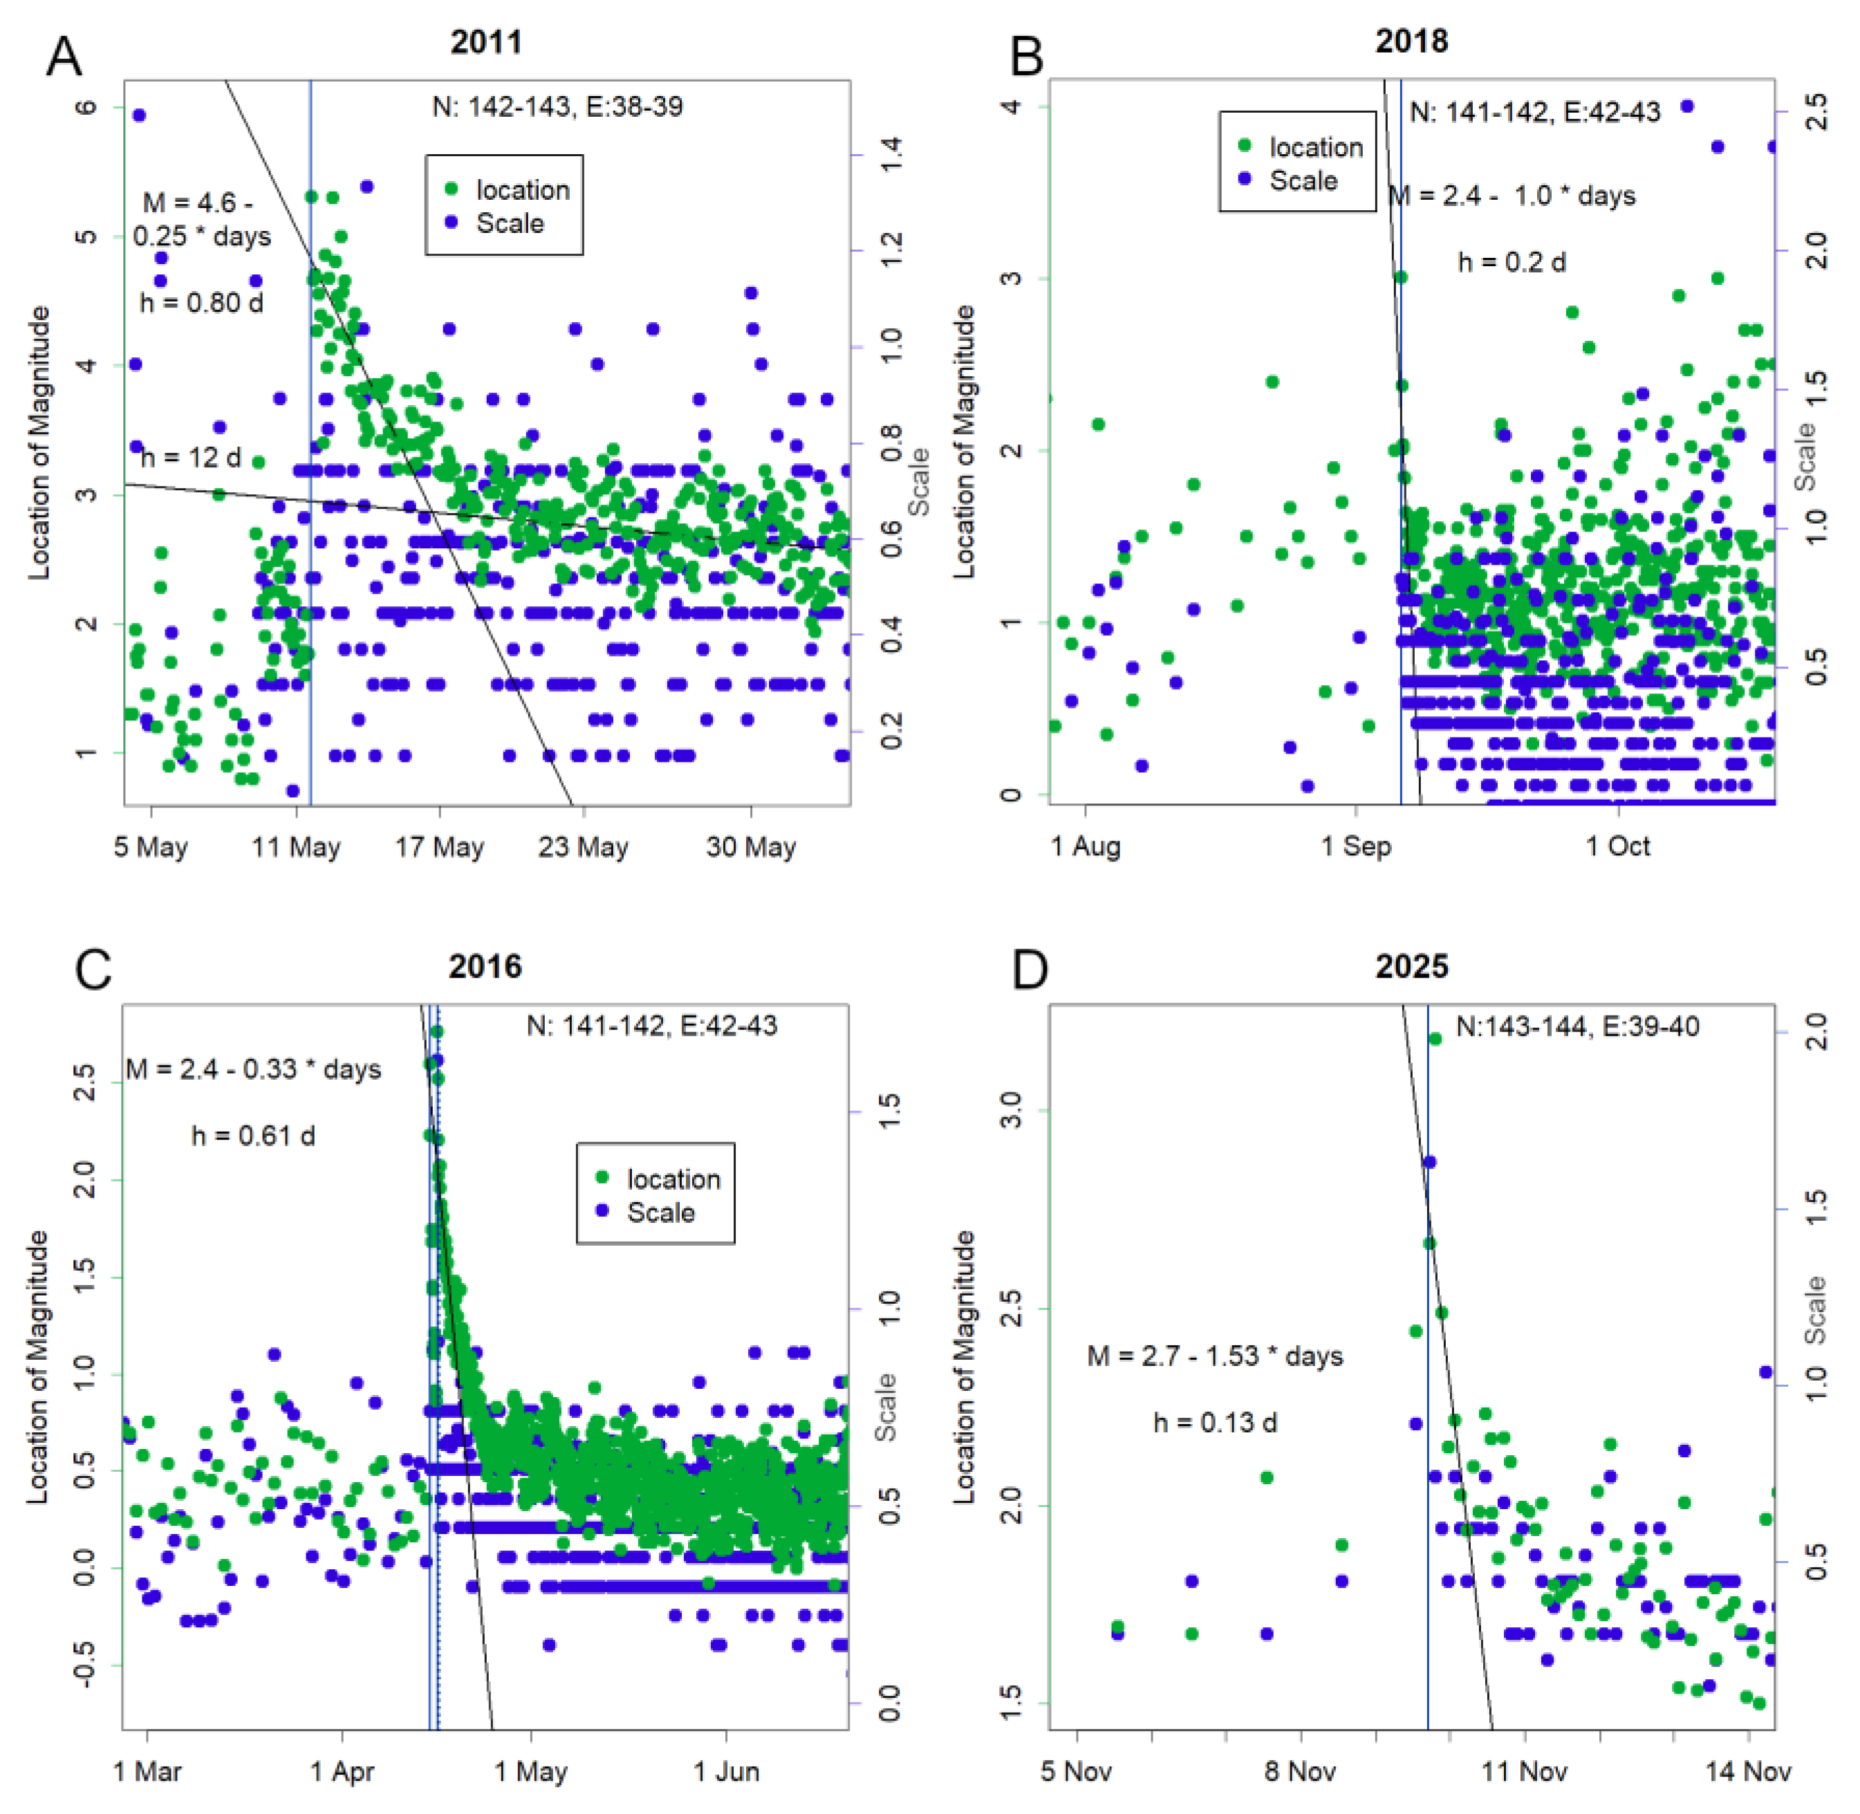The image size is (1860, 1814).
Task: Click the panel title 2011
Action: click(x=486, y=43)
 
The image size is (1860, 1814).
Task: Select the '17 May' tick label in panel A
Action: click(x=439, y=846)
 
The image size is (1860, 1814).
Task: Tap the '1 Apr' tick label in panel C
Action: click(x=342, y=1771)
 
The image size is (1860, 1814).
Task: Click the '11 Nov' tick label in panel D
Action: click(x=1525, y=1771)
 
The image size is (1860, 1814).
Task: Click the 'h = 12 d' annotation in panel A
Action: click(x=191, y=458)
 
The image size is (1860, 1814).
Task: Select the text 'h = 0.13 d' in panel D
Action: click(x=1215, y=1423)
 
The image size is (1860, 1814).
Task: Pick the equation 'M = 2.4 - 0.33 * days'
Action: click(x=254, y=1069)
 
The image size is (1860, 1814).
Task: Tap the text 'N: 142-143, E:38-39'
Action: click(x=557, y=106)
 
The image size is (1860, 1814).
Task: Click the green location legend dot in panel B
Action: click(x=1245, y=146)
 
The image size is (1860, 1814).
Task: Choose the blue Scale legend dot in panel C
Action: click(x=602, y=1211)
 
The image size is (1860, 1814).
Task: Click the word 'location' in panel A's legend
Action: click(x=522, y=189)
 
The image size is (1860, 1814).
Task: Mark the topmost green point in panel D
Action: click(x=1435, y=1038)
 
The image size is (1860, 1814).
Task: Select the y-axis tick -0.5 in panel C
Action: click(x=84, y=1665)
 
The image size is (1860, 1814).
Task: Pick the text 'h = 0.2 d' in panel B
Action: click(x=1512, y=262)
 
